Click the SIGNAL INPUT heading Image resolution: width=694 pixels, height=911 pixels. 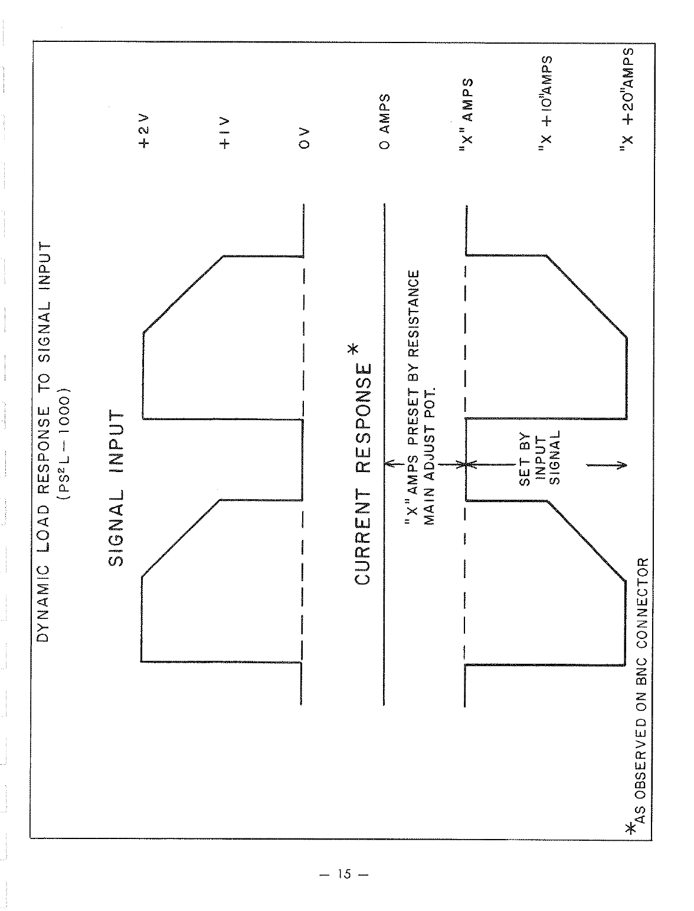tap(117, 489)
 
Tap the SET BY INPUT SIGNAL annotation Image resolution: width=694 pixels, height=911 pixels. tap(540, 458)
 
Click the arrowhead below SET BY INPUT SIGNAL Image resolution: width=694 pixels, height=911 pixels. tap(621, 464)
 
